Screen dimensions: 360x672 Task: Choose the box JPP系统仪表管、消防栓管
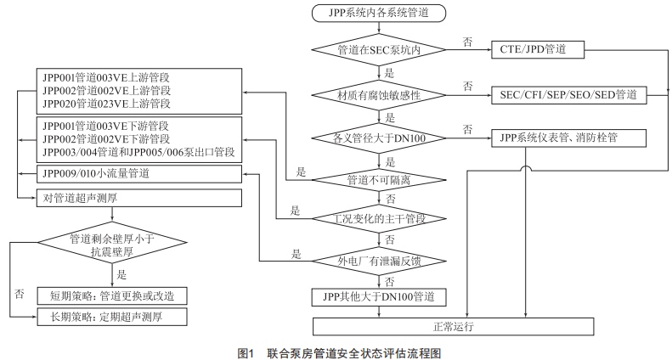(561, 136)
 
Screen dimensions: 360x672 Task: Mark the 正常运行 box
(451, 326)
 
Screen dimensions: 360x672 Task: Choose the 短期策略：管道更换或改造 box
(112, 295)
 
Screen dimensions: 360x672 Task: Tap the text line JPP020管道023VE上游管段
(106, 104)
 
